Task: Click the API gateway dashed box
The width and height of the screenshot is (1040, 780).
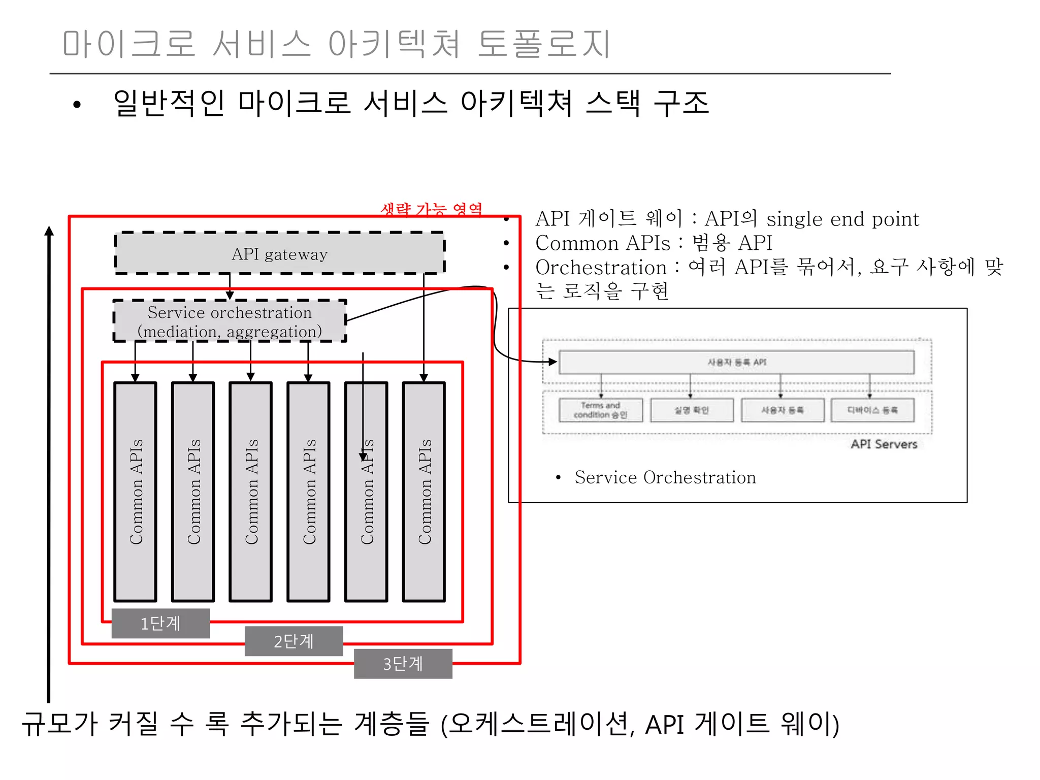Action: pos(279,253)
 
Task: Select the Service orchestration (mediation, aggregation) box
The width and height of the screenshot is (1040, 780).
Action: pos(230,321)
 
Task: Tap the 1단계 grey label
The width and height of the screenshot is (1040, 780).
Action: pos(160,623)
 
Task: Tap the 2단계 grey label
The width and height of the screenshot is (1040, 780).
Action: pos(294,641)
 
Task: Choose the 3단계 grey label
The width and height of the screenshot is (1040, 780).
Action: pos(403,663)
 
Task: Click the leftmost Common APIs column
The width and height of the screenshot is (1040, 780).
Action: pos(135,492)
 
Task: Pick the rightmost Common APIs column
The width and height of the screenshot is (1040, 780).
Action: pos(424,492)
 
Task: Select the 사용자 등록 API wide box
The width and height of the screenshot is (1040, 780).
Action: pos(736,362)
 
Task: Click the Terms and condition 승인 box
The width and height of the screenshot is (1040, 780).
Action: pos(600,410)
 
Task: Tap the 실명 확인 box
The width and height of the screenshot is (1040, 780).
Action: pos(692,410)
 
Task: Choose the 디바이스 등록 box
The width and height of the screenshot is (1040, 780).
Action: pos(872,410)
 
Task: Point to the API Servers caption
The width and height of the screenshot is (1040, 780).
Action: pos(884,444)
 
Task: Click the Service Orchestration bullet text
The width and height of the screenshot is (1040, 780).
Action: pos(665,477)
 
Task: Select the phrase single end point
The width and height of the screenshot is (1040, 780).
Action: pos(842,219)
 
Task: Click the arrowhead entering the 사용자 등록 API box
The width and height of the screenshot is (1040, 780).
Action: pos(553,362)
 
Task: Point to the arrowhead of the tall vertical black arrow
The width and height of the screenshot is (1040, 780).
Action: pos(49,231)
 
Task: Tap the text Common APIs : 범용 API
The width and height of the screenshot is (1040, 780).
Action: pos(654,243)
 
